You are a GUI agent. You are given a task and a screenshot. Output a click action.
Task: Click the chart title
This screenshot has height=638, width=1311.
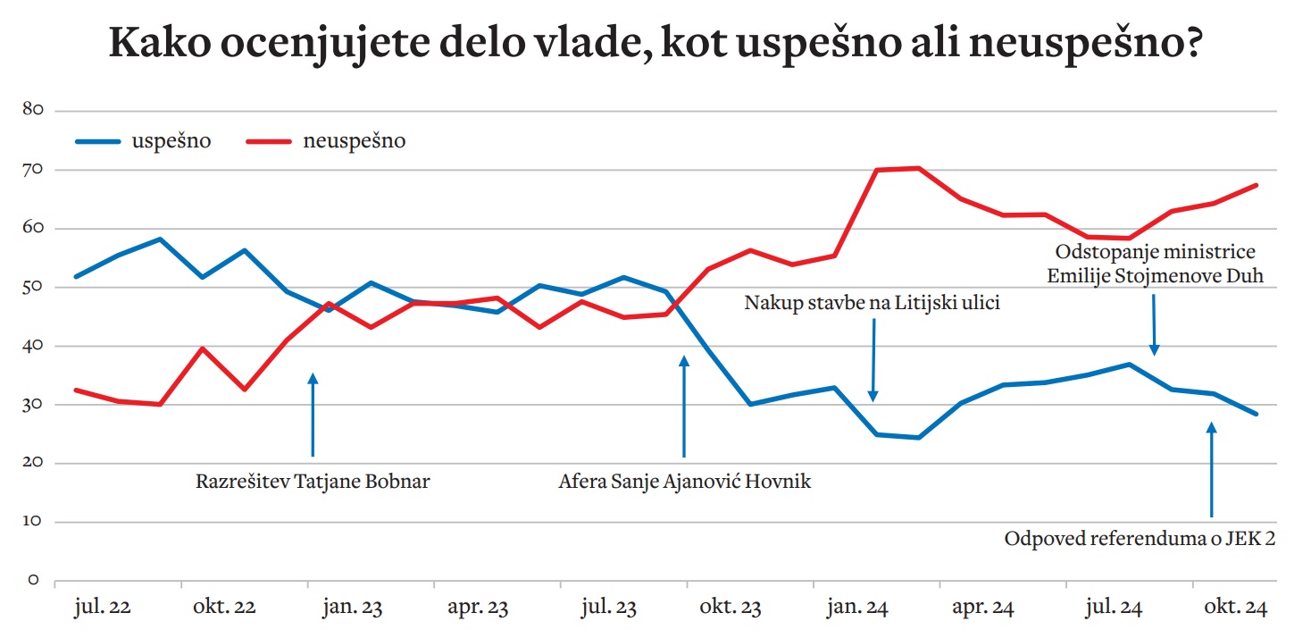(655, 44)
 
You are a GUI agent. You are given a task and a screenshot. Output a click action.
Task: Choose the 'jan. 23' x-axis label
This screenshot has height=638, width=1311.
(354, 609)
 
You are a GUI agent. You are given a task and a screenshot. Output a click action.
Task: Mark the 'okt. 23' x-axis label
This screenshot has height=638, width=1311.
(731, 609)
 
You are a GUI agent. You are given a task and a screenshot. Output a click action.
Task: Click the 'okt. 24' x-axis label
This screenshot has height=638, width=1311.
(1236, 609)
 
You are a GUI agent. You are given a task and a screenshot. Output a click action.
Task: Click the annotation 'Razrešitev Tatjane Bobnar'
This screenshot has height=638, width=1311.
(313, 482)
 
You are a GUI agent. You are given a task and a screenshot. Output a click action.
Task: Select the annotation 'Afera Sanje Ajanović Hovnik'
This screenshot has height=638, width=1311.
(685, 482)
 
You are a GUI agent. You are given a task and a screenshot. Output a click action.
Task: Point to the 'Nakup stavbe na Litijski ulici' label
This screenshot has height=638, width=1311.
(873, 303)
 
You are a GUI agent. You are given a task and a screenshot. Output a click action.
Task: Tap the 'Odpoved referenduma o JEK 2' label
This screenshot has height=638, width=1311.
(1139, 539)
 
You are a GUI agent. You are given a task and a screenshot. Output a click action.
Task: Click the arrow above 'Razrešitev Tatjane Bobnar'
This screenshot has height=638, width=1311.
(313, 416)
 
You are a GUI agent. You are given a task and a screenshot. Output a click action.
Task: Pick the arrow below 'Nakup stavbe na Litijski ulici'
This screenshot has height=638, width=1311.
(873, 357)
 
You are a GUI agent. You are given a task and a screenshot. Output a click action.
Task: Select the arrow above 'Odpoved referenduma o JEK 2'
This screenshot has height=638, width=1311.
(1212, 469)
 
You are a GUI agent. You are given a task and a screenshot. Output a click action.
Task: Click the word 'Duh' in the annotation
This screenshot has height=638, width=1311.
(1247, 275)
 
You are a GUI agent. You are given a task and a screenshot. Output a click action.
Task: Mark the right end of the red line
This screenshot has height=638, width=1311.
(1257, 185)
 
